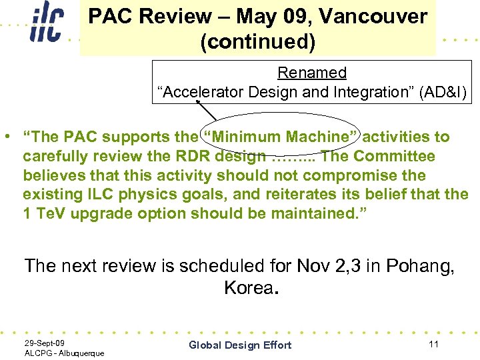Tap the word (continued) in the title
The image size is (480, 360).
click(x=257, y=42)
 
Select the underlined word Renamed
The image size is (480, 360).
click(x=312, y=73)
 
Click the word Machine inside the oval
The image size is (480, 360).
click(x=323, y=137)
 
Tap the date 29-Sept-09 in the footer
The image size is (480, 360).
click(x=45, y=343)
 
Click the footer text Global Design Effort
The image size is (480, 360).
click(x=240, y=345)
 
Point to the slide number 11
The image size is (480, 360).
click(x=433, y=344)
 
